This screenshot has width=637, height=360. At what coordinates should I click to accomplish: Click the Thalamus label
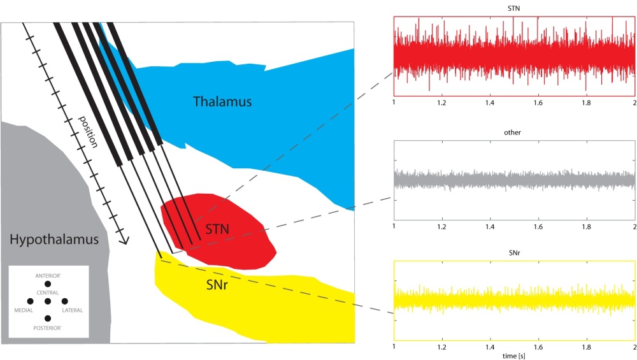click(222, 101)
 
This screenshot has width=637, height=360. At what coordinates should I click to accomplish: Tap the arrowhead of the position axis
click(125, 241)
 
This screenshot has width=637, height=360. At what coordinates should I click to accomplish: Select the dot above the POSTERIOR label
click(48, 318)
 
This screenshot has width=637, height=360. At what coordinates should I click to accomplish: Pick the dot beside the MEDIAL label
click(30, 301)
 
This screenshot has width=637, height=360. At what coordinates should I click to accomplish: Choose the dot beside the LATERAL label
click(64, 301)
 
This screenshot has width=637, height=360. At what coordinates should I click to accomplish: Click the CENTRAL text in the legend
click(48, 292)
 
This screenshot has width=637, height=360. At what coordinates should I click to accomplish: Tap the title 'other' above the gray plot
click(513, 133)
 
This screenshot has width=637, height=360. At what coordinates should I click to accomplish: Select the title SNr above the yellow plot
click(513, 253)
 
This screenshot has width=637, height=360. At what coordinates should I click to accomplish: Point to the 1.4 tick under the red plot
click(490, 101)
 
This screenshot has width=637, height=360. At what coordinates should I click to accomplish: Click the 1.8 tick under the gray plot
click(586, 226)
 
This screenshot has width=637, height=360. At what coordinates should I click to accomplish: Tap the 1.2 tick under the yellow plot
click(441, 347)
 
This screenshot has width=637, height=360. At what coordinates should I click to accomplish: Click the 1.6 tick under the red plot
click(538, 101)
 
